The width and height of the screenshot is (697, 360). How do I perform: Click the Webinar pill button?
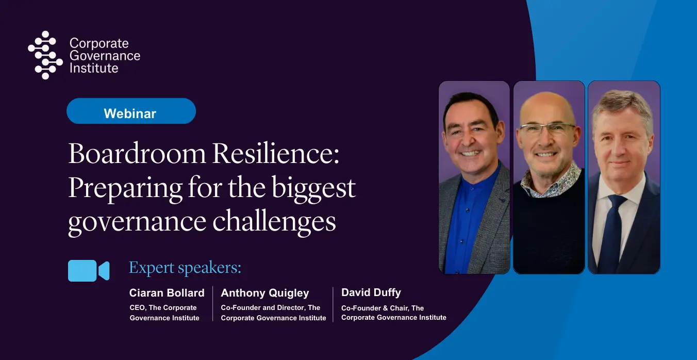(x=131, y=111)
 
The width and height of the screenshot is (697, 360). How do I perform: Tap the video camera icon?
(x=89, y=271)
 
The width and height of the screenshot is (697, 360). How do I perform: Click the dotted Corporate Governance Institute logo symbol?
(x=45, y=55)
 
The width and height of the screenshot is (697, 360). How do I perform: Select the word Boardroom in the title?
(x=137, y=154)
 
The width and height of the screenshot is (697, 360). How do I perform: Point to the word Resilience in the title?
(x=276, y=154)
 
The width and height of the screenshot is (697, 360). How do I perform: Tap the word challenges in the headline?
(x=274, y=222)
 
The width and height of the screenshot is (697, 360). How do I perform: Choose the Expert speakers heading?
(x=185, y=268)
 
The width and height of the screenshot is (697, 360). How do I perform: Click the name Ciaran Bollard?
(x=167, y=293)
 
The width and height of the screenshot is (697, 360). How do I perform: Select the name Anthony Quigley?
(x=265, y=293)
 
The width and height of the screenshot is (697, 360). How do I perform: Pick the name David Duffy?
(x=371, y=292)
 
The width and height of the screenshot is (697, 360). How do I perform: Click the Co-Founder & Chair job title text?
(x=394, y=313)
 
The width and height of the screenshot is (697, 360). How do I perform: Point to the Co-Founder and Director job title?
(x=274, y=313)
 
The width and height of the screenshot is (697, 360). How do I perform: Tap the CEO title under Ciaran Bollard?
(x=164, y=313)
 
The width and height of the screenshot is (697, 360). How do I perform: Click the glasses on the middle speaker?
(x=548, y=128)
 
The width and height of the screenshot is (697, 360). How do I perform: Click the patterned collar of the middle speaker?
(x=549, y=184)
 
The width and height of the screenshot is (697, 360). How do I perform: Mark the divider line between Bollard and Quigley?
(x=213, y=304)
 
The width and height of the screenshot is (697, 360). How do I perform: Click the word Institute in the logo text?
(x=94, y=68)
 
